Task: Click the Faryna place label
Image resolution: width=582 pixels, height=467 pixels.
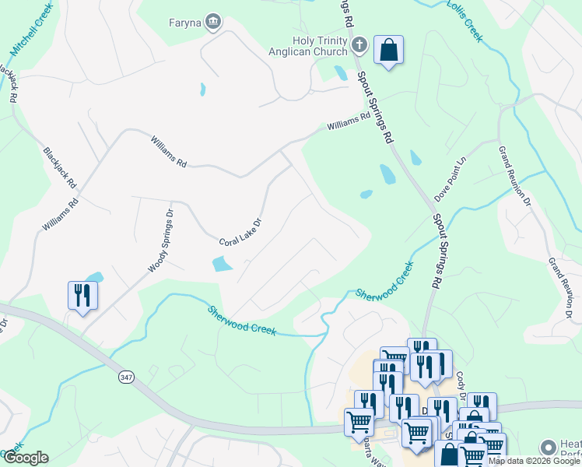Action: pyautogui.click(x=184, y=22)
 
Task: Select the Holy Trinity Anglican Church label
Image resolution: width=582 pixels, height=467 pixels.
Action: pyautogui.click(x=321, y=47)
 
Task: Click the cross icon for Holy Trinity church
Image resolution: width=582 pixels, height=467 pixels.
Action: pyautogui.click(x=359, y=45)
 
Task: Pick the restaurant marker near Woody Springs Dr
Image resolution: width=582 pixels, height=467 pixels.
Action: pyautogui.click(x=82, y=295)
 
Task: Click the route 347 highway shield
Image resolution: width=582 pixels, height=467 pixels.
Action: pyautogui.click(x=125, y=377)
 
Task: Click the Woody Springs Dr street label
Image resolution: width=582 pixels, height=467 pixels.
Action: pyautogui.click(x=160, y=240)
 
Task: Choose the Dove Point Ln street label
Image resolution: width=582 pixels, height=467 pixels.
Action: pyautogui.click(x=451, y=179)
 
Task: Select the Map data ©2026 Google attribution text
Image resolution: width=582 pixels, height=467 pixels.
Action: pyautogui.click(x=534, y=461)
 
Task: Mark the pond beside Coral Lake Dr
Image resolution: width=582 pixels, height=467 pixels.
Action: pyautogui.click(x=222, y=265)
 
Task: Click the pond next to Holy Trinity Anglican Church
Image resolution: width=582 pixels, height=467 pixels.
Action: pyautogui.click(x=341, y=73)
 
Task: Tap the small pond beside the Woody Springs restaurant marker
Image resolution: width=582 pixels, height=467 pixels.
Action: pyautogui.click(x=95, y=277)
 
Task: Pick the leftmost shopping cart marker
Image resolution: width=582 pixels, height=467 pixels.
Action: pyautogui.click(x=359, y=422)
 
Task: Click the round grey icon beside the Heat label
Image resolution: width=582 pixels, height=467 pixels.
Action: pyautogui.click(x=549, y=448)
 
